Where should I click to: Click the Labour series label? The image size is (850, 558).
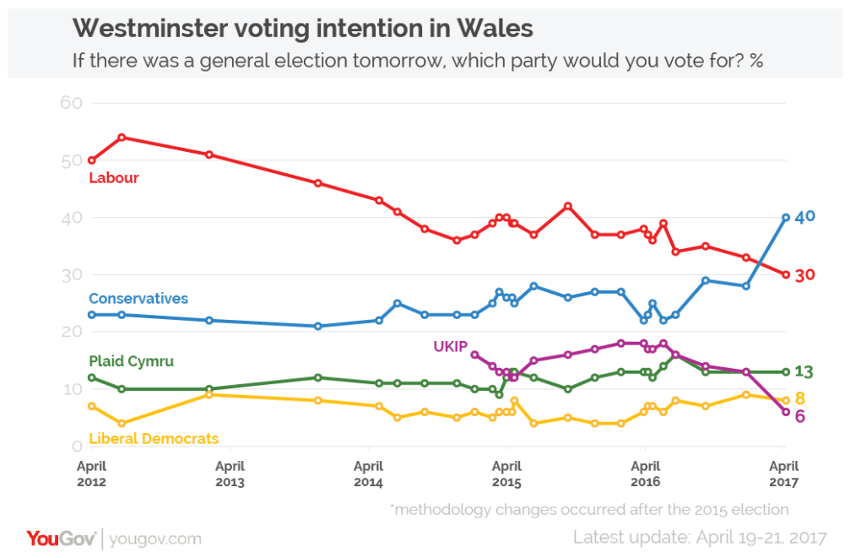pos(114,178)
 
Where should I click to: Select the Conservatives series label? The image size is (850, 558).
pos(138,299)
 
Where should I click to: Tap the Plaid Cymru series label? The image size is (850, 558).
pos(132,361)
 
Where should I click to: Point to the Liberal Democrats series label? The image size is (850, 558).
pos(154,438)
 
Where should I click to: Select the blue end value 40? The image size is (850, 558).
pos(805,217)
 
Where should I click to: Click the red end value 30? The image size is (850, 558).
pos(805,274)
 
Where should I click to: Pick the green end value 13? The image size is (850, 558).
pos(805,371)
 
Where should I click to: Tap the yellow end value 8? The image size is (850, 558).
pos(800,398)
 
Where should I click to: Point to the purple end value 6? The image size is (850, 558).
pos(800,416)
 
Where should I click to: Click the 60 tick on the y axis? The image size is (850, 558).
pos(71,103)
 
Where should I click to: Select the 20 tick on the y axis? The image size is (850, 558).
pos(71,332)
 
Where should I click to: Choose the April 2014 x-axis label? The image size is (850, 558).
pos(368,474)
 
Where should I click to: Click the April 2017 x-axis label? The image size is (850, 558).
pos(784,474)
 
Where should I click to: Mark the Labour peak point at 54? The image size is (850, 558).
pos(122,137)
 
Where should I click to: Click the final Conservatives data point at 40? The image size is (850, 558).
pos(786,217)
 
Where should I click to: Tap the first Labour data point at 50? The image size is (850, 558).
pos(92,160)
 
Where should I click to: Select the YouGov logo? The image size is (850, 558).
pos(62,538)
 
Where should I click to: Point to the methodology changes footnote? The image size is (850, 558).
pos(589,509)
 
